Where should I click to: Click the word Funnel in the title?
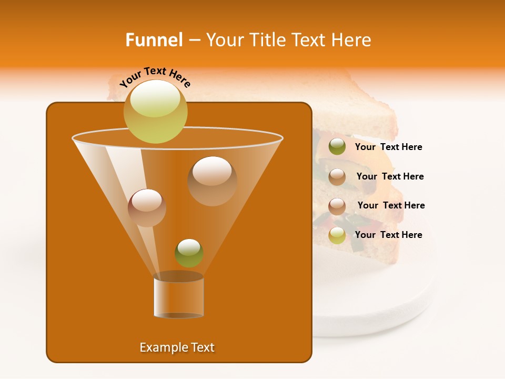click(154, 40)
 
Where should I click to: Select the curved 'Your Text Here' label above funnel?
click(155, 76)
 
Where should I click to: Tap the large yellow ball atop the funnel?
click(155, 111)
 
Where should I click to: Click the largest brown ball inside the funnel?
click(213, 181)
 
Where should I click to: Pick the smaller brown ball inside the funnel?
click(147, 207)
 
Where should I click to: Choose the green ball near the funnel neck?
click(189, 253)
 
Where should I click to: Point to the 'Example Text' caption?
click(177, 347)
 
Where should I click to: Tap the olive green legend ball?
click(337, 146)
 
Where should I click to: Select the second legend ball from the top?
click(337, 176)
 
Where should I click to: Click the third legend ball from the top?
click(337, 206)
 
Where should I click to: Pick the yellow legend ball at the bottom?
click(337, 235)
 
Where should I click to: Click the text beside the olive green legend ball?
click(389, 147)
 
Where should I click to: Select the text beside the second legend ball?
click(390, 176)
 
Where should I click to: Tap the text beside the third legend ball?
click(391, 205)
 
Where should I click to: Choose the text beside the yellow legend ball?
click(389, 235)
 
